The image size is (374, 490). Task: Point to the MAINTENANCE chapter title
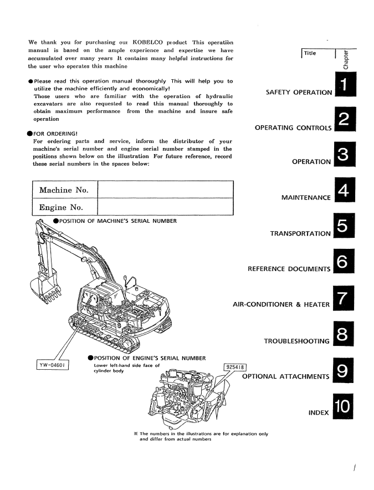[306, 198]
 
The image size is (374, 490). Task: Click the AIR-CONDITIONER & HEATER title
[282, 304]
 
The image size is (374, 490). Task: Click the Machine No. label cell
[63, 191]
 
